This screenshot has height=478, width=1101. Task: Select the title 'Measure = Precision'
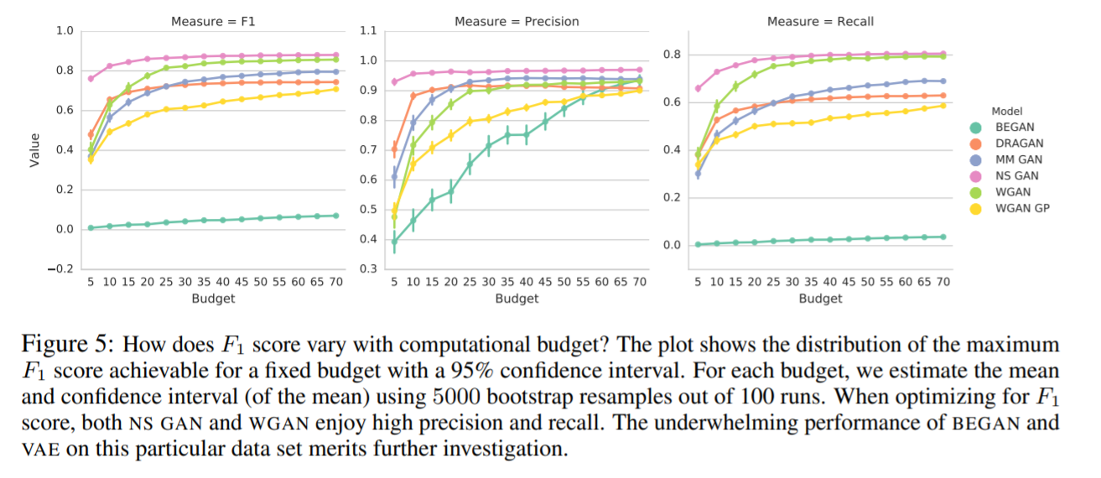click(517, 21)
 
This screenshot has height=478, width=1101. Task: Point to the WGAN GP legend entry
click(1021, 208)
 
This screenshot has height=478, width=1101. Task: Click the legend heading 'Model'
click(1006, 111)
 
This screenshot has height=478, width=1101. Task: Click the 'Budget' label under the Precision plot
click(517, 298)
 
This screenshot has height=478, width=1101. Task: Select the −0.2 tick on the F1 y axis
click(61, 269)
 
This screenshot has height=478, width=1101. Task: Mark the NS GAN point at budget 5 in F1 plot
click(91, 78)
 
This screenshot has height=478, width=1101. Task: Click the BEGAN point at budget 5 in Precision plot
click(394, 242)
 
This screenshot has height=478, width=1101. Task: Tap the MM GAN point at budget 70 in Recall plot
click(943, 81)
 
